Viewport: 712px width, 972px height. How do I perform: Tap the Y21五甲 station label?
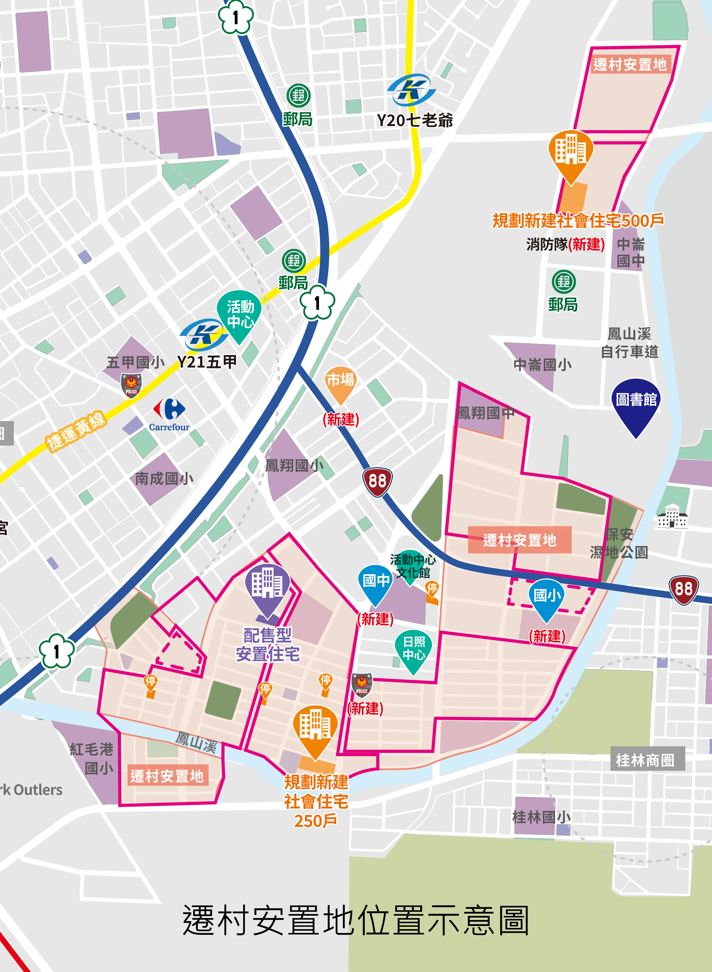pos(207,361)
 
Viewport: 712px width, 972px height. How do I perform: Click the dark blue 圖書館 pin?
pos(636,403)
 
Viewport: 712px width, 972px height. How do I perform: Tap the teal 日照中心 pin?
pos(413,649)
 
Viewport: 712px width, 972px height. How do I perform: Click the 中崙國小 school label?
pos(542,365)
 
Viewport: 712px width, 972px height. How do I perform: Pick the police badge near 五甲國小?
pos(131,385)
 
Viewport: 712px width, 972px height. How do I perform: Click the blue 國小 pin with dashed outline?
pos(546,597)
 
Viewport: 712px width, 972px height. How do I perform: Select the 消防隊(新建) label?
pos(565,244)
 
